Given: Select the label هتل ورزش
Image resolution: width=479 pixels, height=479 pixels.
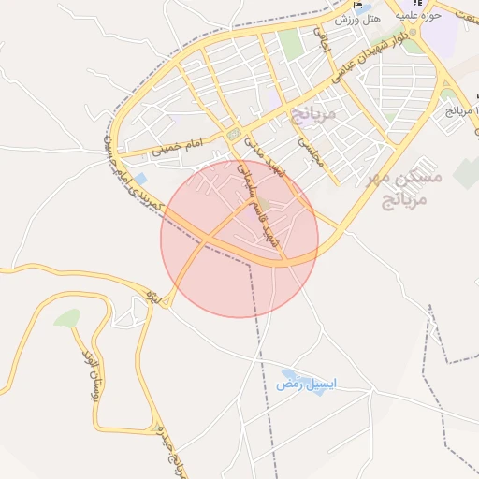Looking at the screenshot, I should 359,20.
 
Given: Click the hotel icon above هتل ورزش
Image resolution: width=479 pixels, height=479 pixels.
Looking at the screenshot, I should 357,5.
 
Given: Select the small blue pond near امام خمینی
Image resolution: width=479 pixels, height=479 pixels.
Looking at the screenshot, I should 140,178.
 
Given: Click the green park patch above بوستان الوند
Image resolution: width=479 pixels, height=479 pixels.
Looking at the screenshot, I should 67,318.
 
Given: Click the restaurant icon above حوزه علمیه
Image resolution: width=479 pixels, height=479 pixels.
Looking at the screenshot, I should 411,3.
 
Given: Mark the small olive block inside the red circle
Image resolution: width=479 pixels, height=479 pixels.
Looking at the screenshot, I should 266,203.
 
